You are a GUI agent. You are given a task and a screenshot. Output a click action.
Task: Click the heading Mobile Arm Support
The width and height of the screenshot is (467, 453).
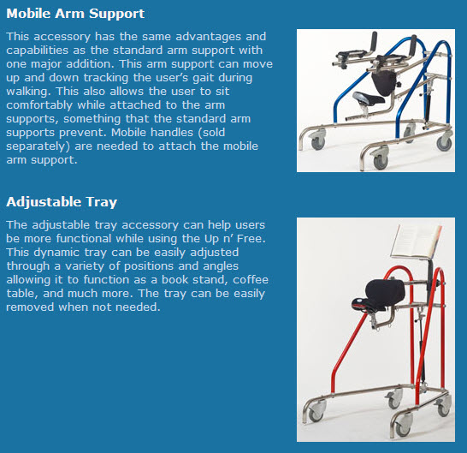75,14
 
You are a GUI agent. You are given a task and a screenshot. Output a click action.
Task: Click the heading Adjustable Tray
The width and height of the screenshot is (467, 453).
62,202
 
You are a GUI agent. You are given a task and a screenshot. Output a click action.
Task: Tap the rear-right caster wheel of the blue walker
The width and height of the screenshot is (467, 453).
444,126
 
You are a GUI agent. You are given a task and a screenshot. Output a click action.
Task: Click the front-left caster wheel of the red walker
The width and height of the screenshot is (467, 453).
315,412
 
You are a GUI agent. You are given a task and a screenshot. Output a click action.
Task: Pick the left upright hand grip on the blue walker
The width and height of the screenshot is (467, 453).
373,40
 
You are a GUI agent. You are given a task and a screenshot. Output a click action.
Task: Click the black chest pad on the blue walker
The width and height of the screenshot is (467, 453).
383,82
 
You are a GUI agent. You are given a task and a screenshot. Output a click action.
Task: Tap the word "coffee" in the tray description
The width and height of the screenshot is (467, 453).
241,277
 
